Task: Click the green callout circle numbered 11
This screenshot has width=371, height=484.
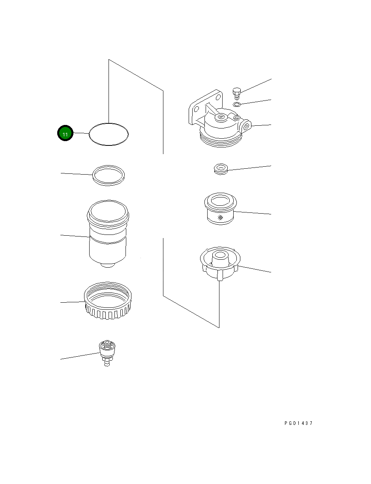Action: pyautogui.click(x=65, y=133)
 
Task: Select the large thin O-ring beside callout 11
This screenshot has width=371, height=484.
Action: pyautogui.click(x=109, y=123)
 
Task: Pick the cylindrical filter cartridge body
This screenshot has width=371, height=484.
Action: pyautogui.click(x=108, y=233)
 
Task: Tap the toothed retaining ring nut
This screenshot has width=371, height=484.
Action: pyautogui.click(x=108, y=300)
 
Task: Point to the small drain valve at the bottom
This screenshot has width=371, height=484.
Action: pyautogui.click(x=107, y=353)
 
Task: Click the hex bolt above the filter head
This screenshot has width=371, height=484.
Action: pyautogui.click(x=237, y=93)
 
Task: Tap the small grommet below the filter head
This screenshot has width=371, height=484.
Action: pyautogui.click(x=221, y=169)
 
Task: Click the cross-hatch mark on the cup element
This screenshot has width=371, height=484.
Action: pyautogui.click(x=220, y=218)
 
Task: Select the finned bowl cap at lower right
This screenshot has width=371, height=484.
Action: pyautogui.click(x=220, y=263)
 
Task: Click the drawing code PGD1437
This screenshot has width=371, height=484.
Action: pyautogui.click(x=298, y=423)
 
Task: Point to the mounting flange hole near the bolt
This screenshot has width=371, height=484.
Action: pyautogui.click(x=218, y=97)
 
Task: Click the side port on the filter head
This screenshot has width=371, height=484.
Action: pyautogui.click(x=246, y=126)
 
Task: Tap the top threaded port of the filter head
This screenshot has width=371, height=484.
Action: pyautogui.click(x=221, y=117)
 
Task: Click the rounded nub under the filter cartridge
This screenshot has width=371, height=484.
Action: pyautogui.click(x=108, y=265)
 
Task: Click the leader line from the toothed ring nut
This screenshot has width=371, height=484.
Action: pyautogui.click(x=73, y=302)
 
